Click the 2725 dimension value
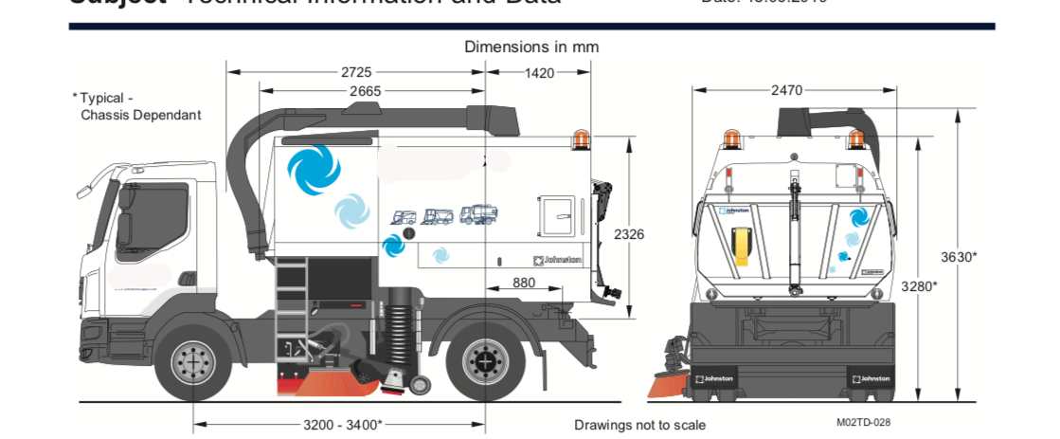pyautogui.click(x=356, y=72)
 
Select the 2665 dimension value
pyautogui.click(x=365, y=91)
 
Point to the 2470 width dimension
pyautogui.click(x=786, y=90)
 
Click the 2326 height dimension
pyautogui.click(x=629, y=233)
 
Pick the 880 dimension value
pyautogui.click(x=524, y=282)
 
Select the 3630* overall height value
pyautogui.click(x=959, y=256)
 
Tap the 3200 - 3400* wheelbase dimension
pyautogui.click(x=343, y=424)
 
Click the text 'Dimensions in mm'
pyautogui.click(x=530, y=46)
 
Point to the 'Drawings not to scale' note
pyautogui.click(x=639, y=425)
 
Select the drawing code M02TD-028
pyautogui.click(x=863, y=423)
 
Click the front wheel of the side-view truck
pyautogui.click(x=193, y=362)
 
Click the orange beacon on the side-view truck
pyautogui.click(x=580, y=141)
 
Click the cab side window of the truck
pyautogui.click(x=139, y=223)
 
